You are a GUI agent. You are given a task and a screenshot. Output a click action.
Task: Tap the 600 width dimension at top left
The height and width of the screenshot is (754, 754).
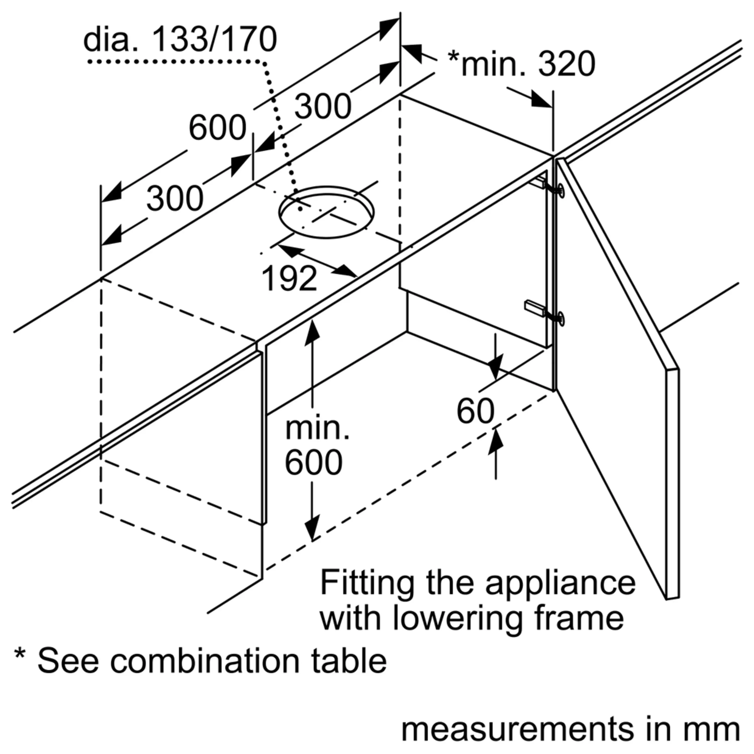[217, 128]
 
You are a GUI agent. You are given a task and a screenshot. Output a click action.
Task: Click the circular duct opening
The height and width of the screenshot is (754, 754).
[326, 212]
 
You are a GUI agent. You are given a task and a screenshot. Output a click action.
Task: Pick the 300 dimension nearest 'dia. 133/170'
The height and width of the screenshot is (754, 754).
[323, 106]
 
